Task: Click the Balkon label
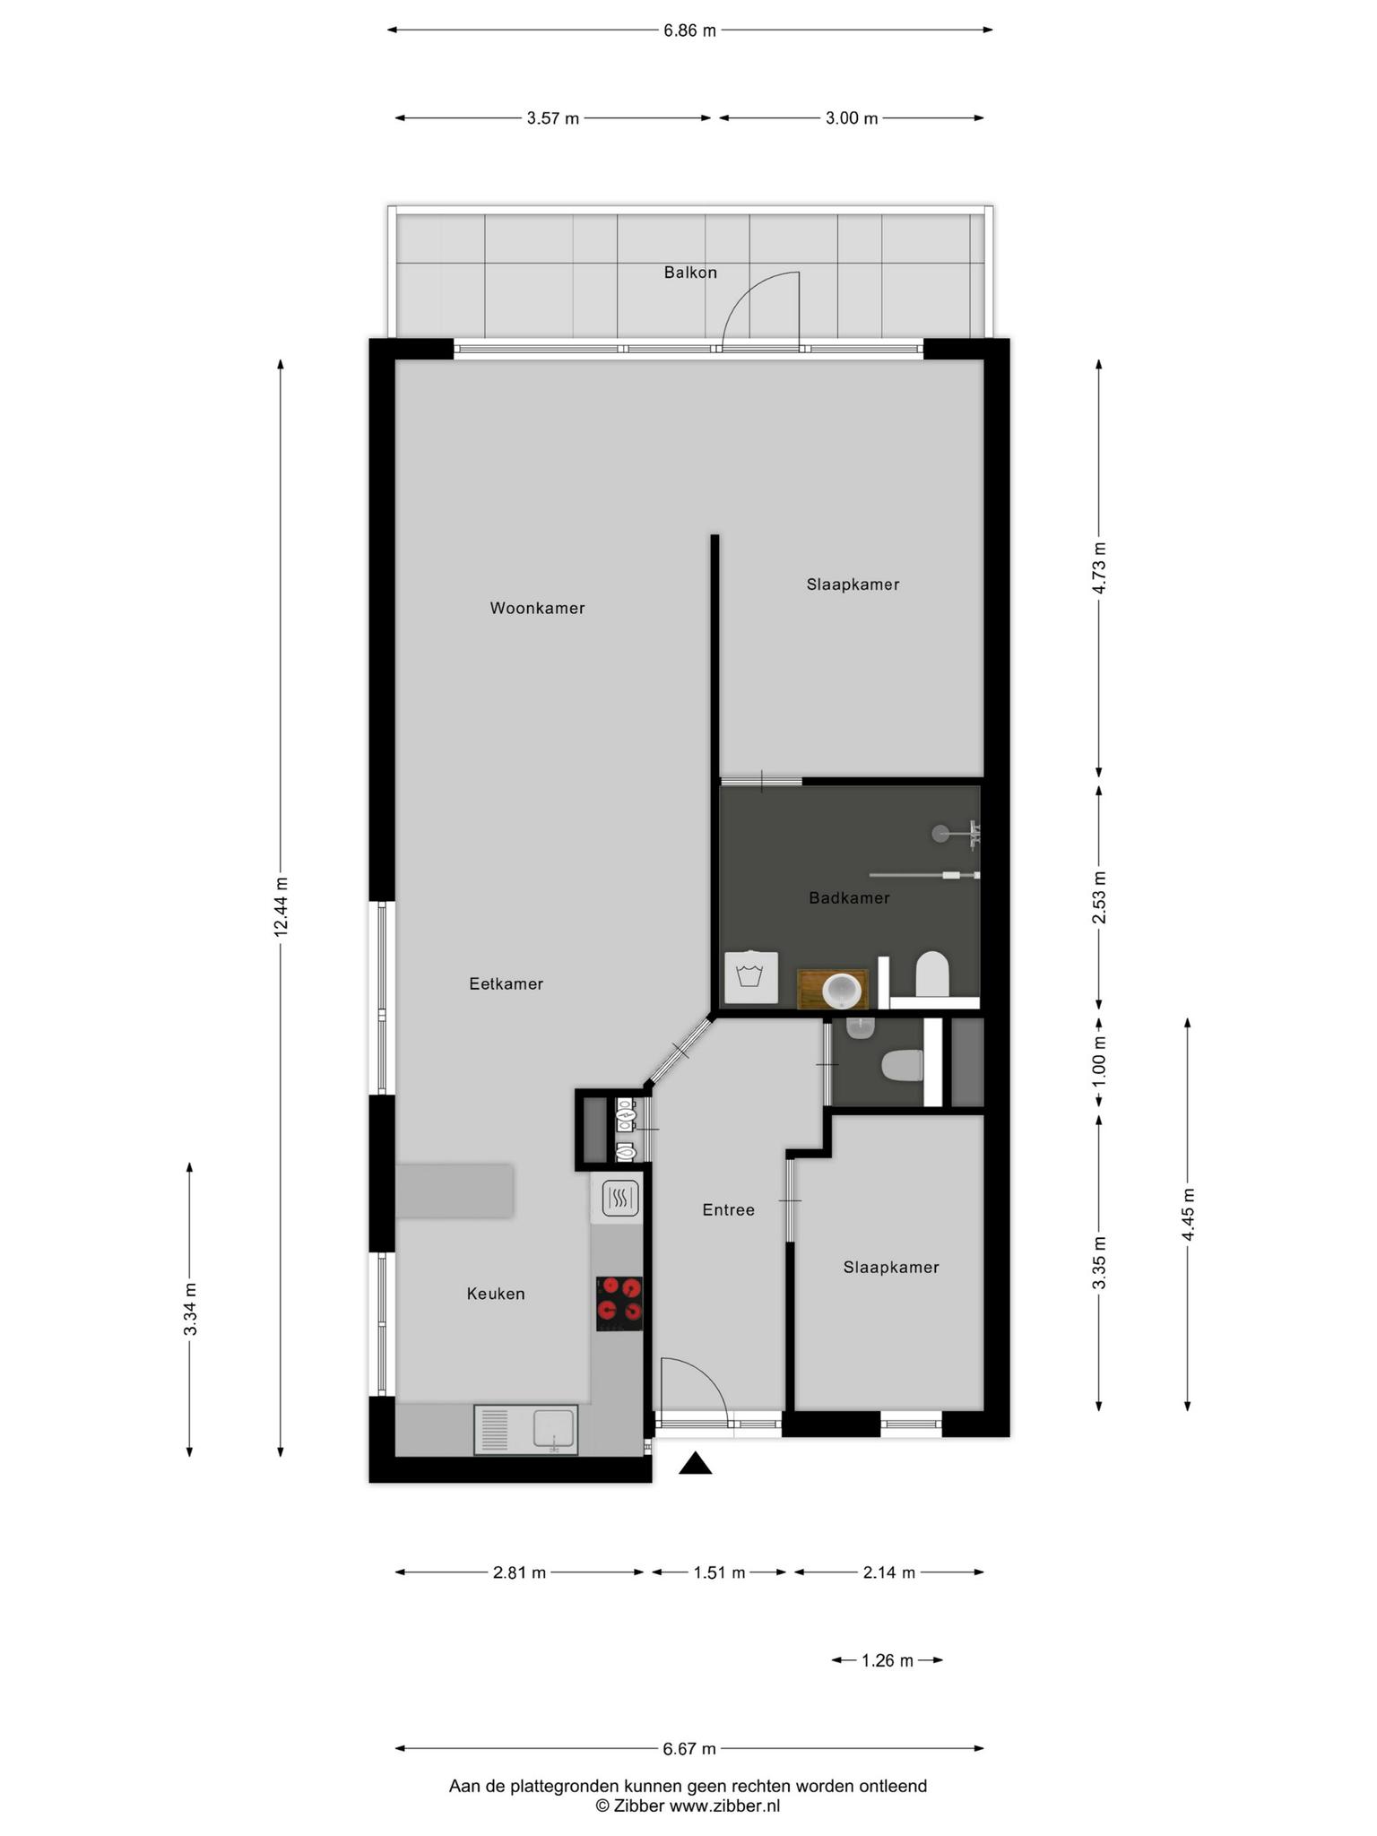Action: (690, 273)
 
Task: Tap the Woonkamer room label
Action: (537, 608)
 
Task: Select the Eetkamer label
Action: (507, 983)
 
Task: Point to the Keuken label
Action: (496, 1294)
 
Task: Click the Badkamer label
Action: (849, 897)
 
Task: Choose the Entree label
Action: (728, 1210)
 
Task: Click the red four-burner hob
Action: (619, 1303)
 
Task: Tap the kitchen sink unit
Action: (526, 1430)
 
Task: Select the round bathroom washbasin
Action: (843, 989)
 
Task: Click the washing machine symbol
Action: (751, 977)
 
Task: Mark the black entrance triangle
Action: (695, 1464)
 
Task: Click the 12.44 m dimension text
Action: (281, 907)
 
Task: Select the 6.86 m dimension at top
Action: (689, 30)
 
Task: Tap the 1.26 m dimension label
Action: (887, 1661)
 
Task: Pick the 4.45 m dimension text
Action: (1189, 1215)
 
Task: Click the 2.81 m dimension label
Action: (519, 1572)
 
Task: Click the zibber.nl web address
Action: (724, 1806)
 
